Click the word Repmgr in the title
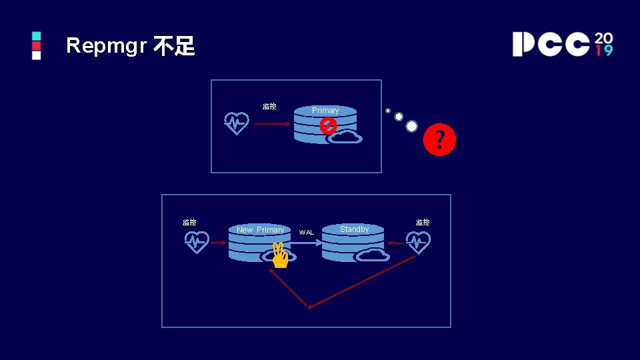tap(106, 46)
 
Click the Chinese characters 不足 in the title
tap(174, 46)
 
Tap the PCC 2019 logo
tap(562, 43)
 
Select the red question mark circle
tap(440, 140)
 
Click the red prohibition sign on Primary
tap(328, 125)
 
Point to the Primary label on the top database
tap(325, 111)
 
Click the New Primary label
tap(260, 230)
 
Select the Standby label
tap(354, 229)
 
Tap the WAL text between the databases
tap(306, 233)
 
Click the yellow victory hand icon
tap(279, 255)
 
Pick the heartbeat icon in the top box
tap(237, 123)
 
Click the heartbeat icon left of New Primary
tap(197, 242)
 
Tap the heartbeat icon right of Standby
tap(418, 243)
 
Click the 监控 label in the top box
tap(269, 106)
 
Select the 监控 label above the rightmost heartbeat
tap(423, 222)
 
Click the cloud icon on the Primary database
tap(345, 137)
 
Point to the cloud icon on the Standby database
tap(373, 254)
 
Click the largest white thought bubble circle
tap(412, 126)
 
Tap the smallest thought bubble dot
tap(388, 111)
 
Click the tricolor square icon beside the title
tap(36, 45)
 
